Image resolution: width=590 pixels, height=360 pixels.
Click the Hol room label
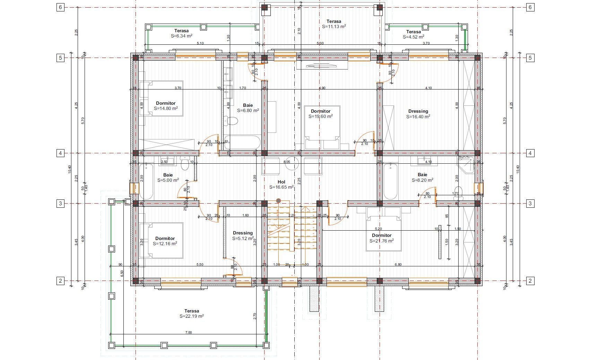click(281, 182)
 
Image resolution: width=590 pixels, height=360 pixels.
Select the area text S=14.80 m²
click(166, 108)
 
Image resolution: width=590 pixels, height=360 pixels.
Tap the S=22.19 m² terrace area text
click(191, 316)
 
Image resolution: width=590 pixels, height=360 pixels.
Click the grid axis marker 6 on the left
click(61, 7)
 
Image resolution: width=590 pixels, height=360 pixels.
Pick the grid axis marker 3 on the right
click(530, 204)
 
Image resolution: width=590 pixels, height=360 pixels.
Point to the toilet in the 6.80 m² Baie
click(231, 121)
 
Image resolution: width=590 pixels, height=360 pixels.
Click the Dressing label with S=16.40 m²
click(418, 111)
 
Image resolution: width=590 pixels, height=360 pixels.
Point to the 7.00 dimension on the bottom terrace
click(188, 333)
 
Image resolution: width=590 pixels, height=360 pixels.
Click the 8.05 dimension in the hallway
click(287, 162)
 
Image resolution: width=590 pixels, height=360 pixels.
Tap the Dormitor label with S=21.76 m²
click(382, 235)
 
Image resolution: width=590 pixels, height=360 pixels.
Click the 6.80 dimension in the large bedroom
click(398, 265)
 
